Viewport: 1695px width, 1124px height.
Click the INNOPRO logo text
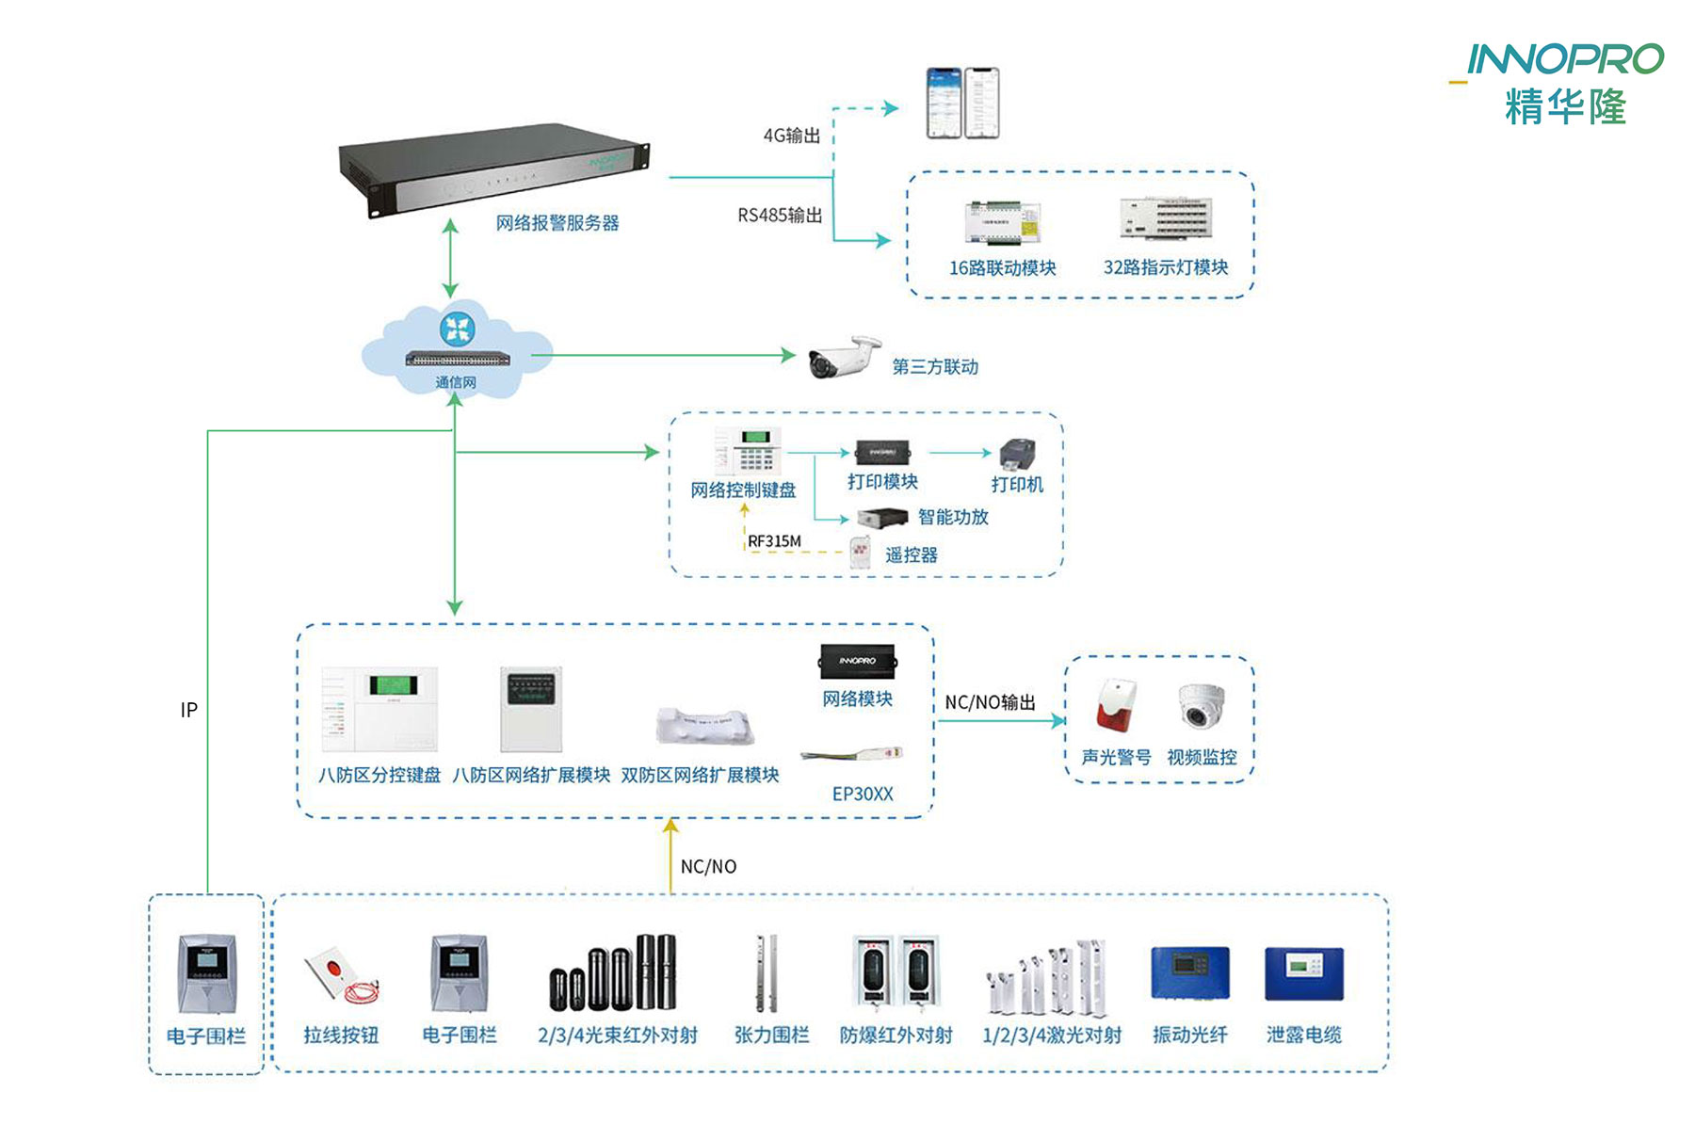click(1565, 59)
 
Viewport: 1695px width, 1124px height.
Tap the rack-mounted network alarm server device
click(494, 169)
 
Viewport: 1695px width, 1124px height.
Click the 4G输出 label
click(791, 136)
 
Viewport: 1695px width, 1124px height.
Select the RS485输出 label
click(780, 216)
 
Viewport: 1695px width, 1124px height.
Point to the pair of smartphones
click(961, 103)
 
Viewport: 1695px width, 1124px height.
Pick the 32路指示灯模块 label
click(1166, 267)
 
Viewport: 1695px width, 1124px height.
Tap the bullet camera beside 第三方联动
click(845, 357)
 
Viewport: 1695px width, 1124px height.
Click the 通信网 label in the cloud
click(456, 382)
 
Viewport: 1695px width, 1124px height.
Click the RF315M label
click(774, 541)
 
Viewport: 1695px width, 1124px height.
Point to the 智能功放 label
click(953, 517)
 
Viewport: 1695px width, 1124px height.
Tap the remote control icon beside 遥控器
click(861, 554)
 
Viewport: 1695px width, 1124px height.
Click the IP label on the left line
click(189, 710)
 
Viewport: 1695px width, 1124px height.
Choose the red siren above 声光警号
click(1116, 705)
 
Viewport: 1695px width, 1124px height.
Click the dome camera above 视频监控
click(1201, 706)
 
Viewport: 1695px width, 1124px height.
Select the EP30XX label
click(863, 794)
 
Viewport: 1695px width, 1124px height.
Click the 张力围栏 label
click(772, 1036)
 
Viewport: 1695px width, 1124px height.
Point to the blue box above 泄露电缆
click(1304, 973)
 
